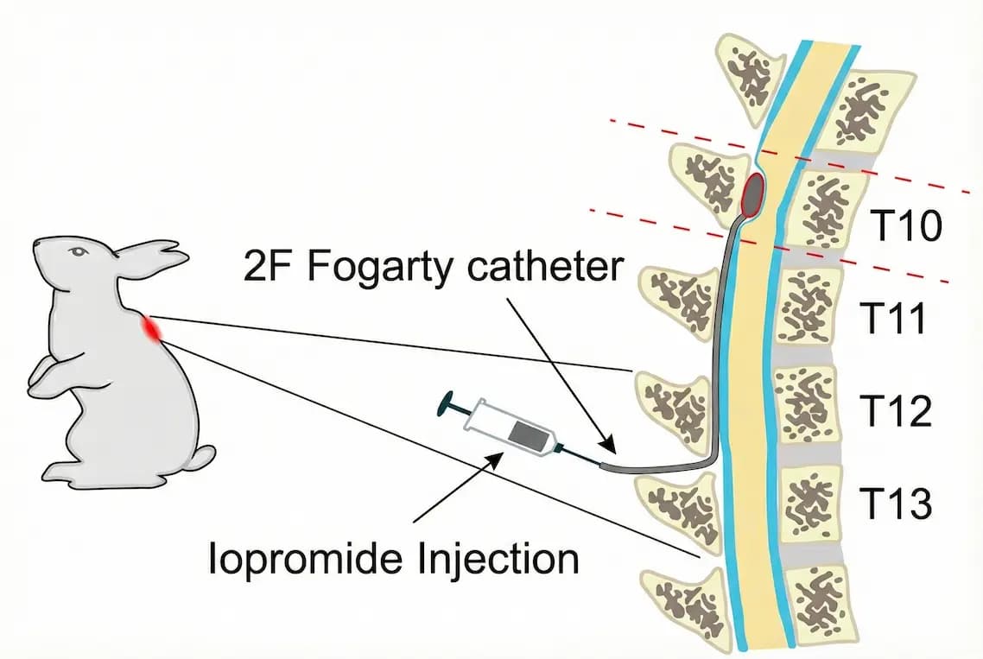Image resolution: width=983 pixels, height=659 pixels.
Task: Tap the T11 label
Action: coord(899,320)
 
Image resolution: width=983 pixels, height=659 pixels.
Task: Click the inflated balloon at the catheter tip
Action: coord(753,193)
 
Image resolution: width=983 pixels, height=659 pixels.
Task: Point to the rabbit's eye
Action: coord(79,251)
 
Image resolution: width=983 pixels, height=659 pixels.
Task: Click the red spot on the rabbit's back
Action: coord(154,328)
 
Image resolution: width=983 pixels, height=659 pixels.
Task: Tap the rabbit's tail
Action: coord(204,456)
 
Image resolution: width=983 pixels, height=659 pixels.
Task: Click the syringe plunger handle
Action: coord(449,402)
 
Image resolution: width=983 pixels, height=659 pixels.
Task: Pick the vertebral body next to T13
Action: coord(809,499)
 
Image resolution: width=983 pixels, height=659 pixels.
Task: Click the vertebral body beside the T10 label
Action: coord(825,207)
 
